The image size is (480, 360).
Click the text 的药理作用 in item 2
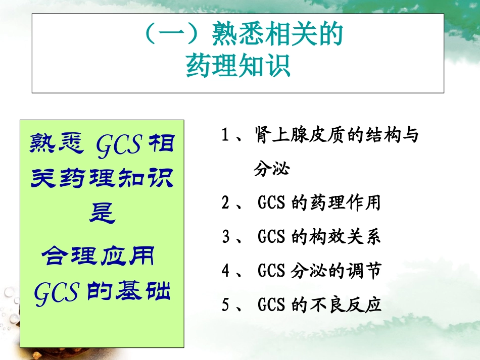336,203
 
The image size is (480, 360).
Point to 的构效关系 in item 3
336,237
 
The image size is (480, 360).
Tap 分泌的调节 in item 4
336,271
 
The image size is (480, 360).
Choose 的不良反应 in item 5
336,305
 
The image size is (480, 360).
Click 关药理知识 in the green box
102,178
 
